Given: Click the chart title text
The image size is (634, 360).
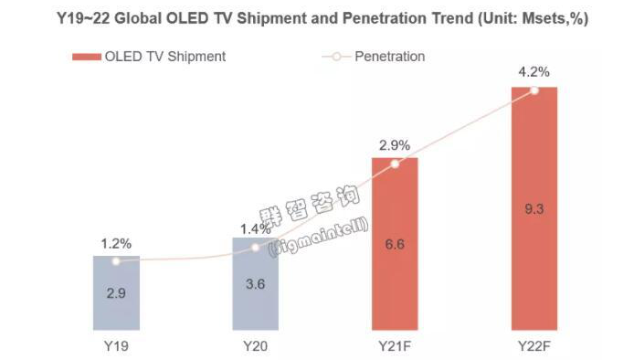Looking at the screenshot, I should point(317,18).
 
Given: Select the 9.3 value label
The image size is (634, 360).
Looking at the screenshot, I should point(534,209).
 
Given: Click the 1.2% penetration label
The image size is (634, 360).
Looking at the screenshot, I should point(116,244).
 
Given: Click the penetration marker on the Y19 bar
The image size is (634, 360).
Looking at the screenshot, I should point(116,261).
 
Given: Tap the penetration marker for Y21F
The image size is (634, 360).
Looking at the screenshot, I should point(395,164).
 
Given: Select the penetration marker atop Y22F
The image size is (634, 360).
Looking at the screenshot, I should point(534,90).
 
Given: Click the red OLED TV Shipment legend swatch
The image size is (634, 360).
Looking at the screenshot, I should point(86,57).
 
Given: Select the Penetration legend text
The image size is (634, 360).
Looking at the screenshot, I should point(391,57).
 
